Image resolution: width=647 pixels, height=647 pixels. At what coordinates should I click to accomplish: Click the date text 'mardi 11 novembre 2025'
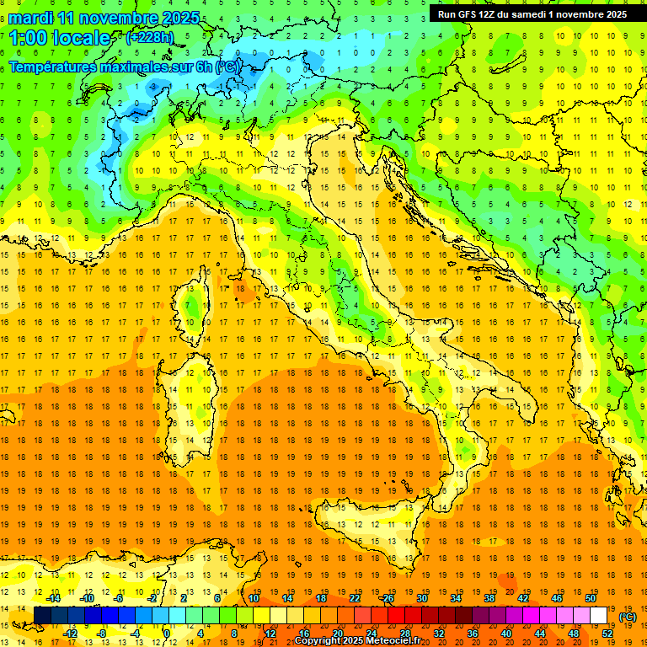pos(105,17)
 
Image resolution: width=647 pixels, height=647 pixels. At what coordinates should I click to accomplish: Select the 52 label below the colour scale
pos(607,633)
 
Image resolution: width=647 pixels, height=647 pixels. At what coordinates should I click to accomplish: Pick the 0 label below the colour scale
pos(168,633)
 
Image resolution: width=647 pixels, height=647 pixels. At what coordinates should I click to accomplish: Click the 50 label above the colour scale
pos(591,598)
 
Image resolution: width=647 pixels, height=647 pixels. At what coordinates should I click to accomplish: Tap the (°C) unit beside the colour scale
pos(628,616)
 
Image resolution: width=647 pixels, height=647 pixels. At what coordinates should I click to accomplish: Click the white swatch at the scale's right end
pos(599,616)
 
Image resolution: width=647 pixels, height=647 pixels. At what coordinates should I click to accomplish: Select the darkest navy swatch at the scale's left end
pos(42,616)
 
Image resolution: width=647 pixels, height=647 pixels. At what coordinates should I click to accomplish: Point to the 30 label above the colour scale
pos(421,598)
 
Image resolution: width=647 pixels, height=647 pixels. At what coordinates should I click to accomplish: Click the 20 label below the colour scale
pos(337,633)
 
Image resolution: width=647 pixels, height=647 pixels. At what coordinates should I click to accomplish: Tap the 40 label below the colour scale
pos(506,633)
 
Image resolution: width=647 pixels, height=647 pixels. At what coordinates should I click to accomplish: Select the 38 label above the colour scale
pos(489,598)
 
